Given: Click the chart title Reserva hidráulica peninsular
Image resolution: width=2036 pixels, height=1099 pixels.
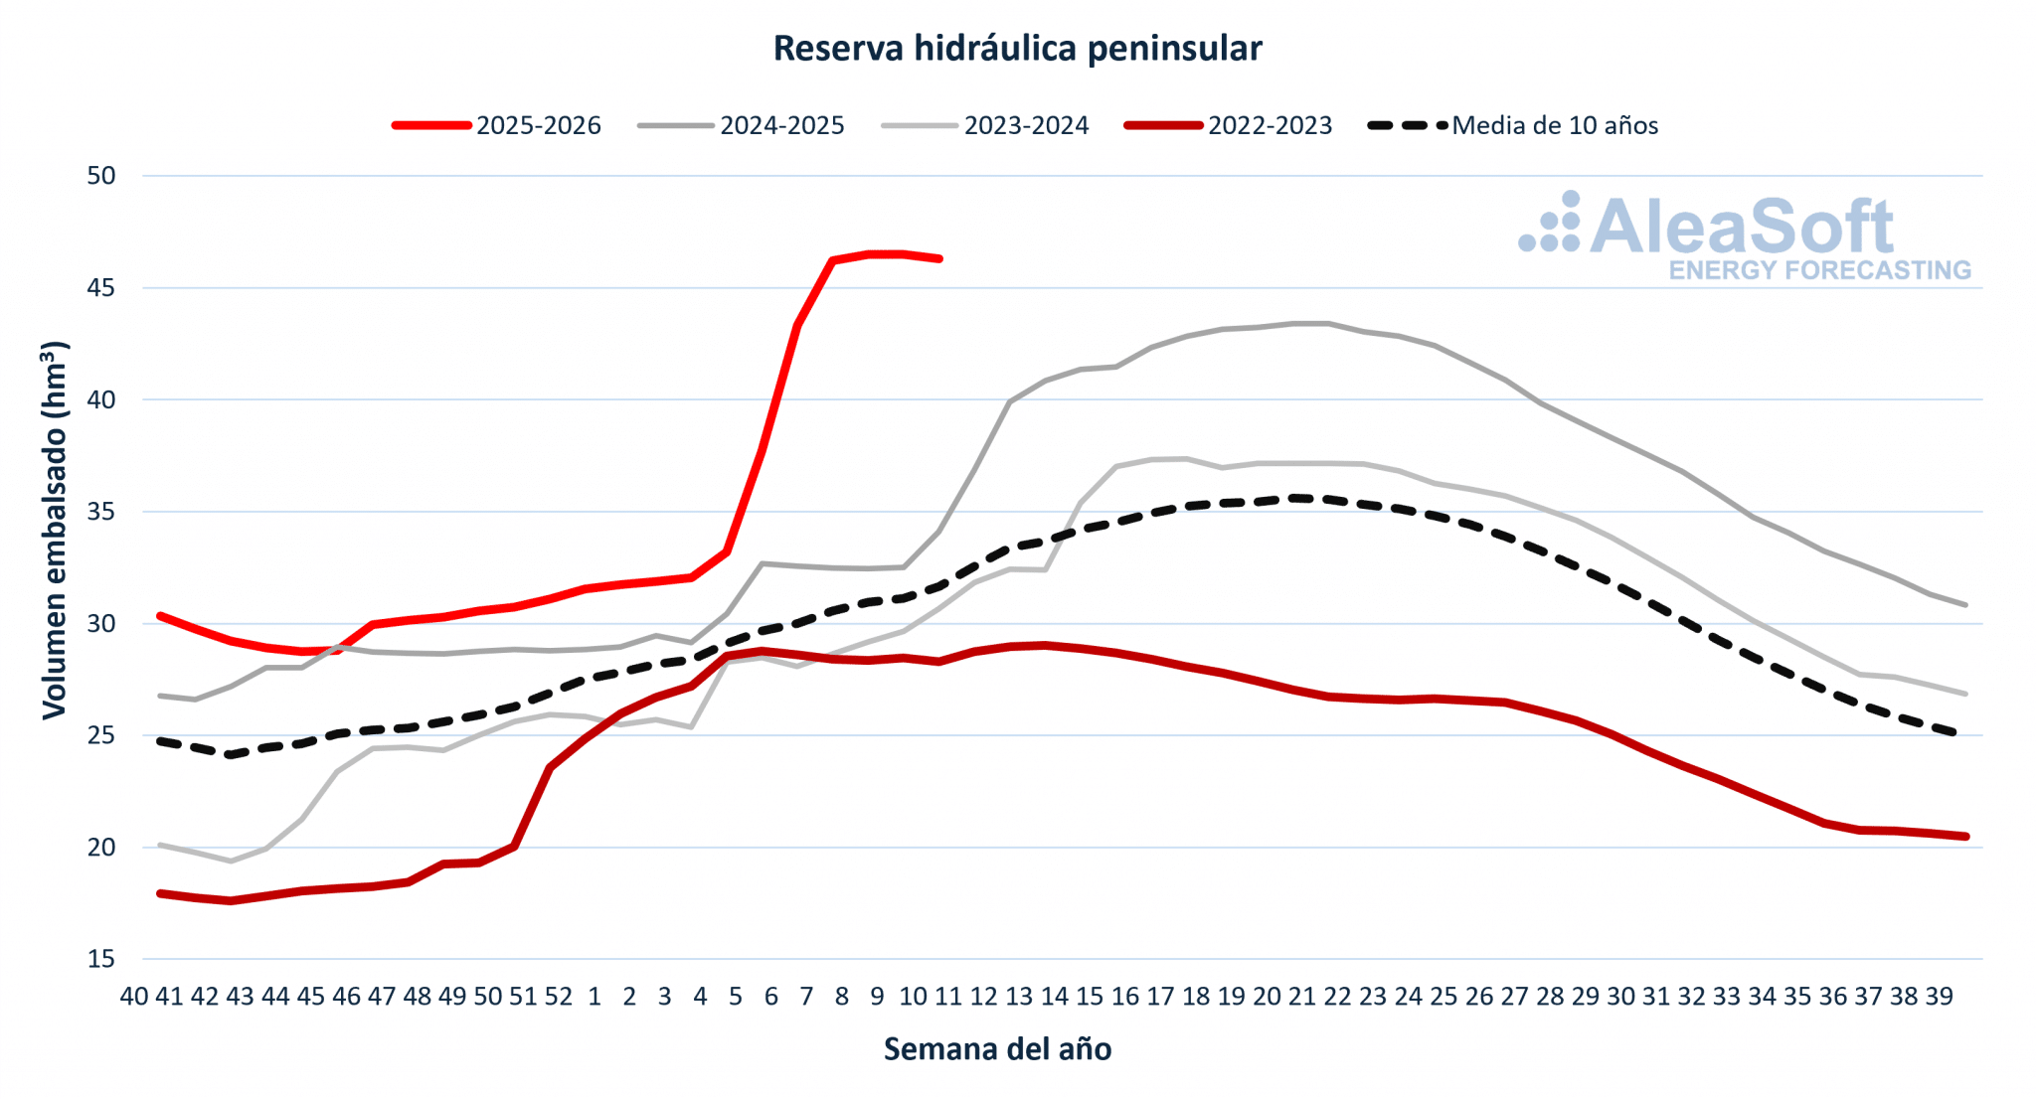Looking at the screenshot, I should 1017,48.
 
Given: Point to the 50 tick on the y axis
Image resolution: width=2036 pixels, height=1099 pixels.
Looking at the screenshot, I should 101,176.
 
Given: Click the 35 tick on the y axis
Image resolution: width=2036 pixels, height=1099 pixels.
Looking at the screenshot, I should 101,512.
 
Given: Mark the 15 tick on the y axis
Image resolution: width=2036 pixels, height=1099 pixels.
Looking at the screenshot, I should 101,959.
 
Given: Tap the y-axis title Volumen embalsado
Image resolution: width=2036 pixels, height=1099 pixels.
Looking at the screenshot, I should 54,531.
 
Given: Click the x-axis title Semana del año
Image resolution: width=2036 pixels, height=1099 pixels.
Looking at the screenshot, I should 997,1049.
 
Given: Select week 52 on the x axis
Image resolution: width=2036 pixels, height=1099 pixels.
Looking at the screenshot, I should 559,997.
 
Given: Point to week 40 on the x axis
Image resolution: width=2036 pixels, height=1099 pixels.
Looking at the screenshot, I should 134,997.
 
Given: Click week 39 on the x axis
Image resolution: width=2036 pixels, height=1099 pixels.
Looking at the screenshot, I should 1939,997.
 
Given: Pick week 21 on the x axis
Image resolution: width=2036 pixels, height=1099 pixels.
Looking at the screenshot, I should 1301,997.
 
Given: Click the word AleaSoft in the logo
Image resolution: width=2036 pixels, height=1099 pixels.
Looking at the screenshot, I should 1742,227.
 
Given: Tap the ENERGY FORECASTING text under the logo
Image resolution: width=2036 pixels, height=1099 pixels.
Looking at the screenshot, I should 1819,270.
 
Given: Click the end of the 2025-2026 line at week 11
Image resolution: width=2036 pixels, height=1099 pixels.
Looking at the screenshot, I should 939,258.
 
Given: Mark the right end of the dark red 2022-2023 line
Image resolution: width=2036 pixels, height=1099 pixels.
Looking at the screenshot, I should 1965,837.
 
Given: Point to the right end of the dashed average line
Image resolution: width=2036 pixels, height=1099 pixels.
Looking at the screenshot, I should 1954,733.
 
